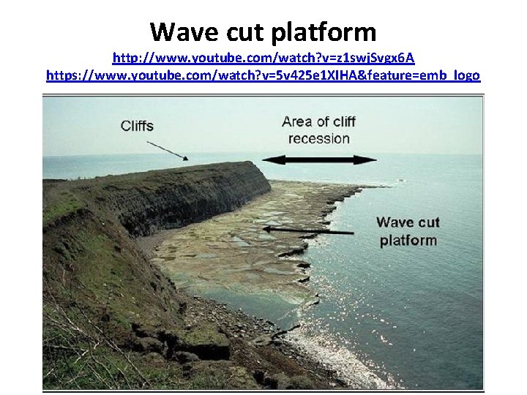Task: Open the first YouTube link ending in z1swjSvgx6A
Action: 263,58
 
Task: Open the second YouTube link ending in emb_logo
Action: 263,75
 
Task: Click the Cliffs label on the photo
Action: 137,126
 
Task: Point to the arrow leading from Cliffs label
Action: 168,150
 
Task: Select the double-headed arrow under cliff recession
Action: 319,159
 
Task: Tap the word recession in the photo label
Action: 319,139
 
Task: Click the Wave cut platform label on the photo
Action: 408,231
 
